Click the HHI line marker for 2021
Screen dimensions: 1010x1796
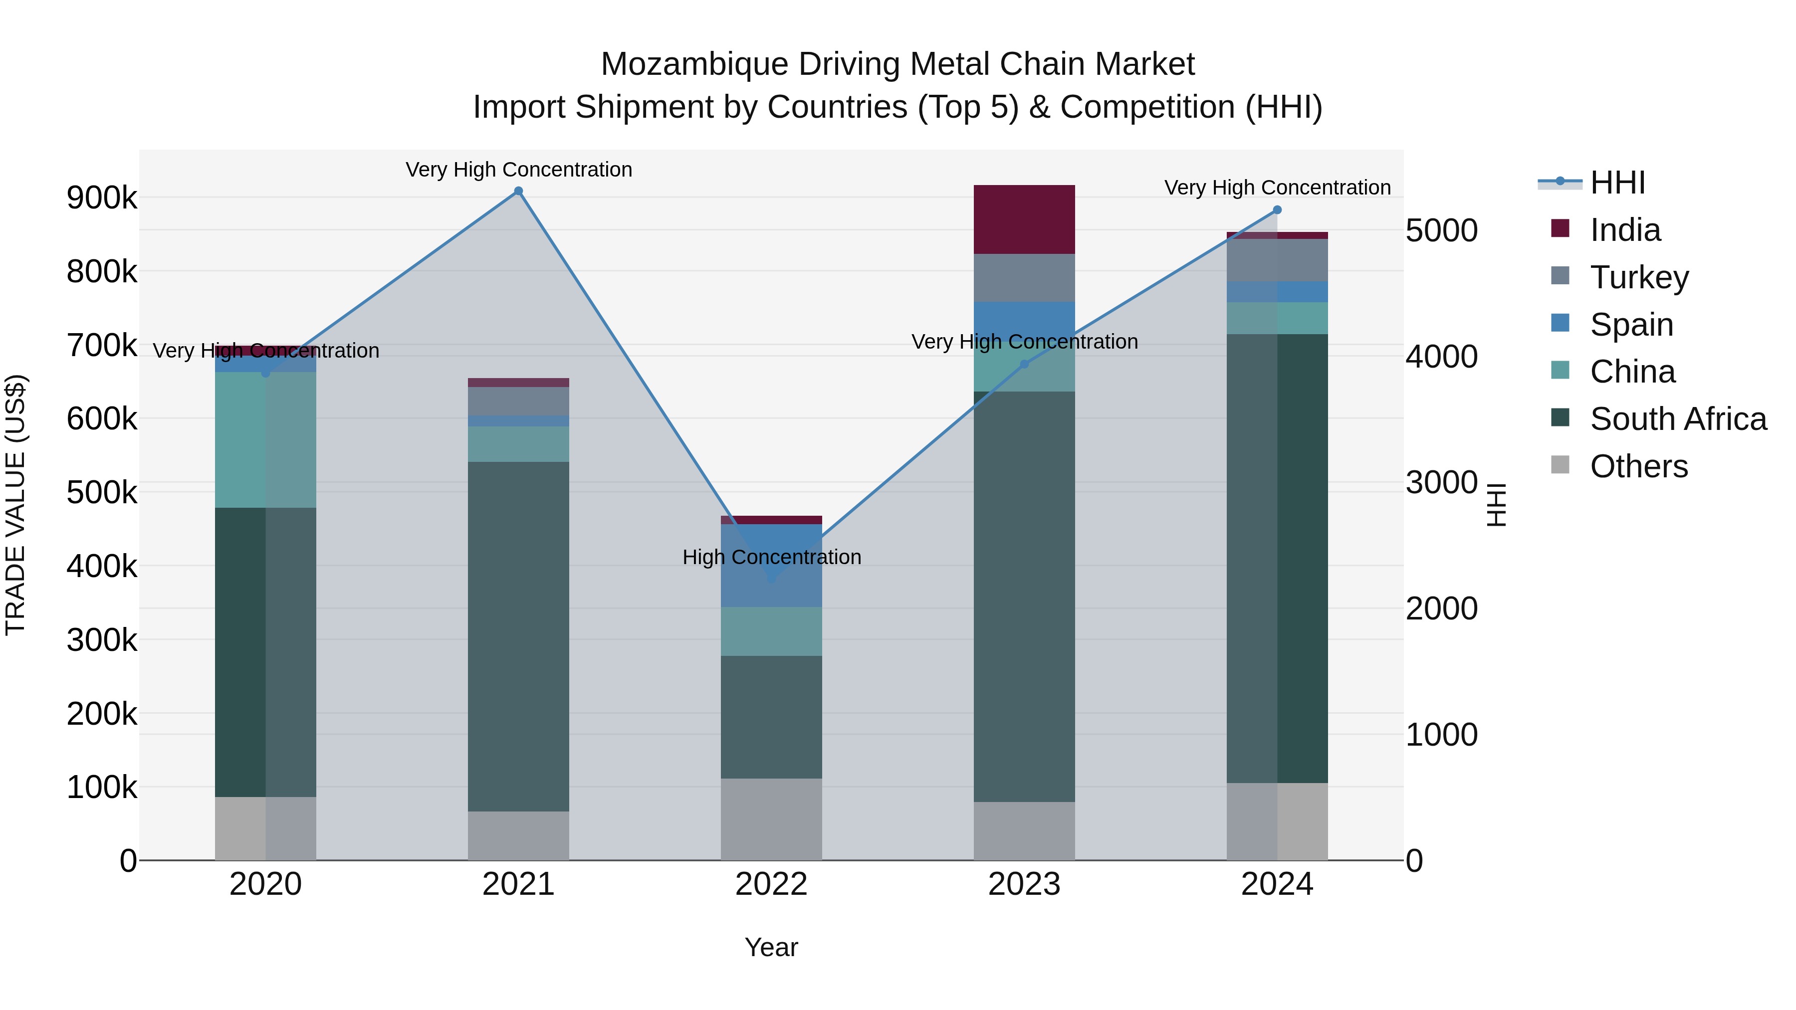(518, 191)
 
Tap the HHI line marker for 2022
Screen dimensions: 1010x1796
(771, 579)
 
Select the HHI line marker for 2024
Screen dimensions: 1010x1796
(1277, 210)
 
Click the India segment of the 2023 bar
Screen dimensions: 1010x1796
(1024, 219)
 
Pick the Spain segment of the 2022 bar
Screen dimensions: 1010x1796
(771, 565)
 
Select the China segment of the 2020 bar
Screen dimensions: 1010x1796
(265, 439)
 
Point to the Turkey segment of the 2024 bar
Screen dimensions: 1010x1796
(1277, 260)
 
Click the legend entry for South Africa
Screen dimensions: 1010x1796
(1677, 419)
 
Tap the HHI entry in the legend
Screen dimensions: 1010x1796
(1617, 183)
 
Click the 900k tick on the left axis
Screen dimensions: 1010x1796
(102, 198)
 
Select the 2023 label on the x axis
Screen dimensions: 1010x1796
(1024, 884)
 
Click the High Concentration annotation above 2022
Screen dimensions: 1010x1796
(772, 557)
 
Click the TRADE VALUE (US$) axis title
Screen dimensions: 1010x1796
(15, 505)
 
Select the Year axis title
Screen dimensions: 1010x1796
(771, 947)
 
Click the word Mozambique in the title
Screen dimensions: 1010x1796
(694, 64)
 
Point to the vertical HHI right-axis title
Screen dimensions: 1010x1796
(1496, 505)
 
